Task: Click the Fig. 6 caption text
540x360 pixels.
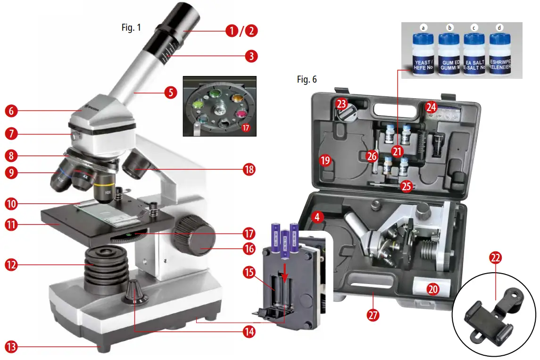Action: pyautogui.click(x=307, y=79)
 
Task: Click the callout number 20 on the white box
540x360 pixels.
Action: pyautogui.click(x=433, y=288)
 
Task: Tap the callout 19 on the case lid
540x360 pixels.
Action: pyautogui.click(x=325, y=160)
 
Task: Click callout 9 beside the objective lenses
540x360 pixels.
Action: pyautogui.click(x=11, y=173)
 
